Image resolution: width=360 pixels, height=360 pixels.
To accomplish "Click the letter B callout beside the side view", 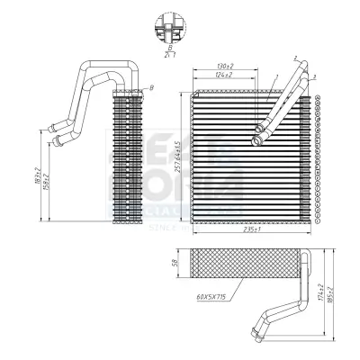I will pos(151,86).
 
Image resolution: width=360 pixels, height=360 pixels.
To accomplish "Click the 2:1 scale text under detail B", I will pos(168,54).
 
